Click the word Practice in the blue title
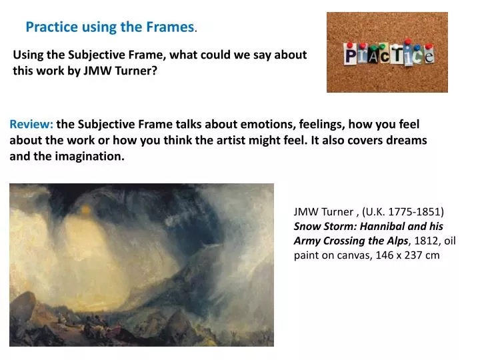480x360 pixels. tap(52, 27)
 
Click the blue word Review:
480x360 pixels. tap(31, 124)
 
